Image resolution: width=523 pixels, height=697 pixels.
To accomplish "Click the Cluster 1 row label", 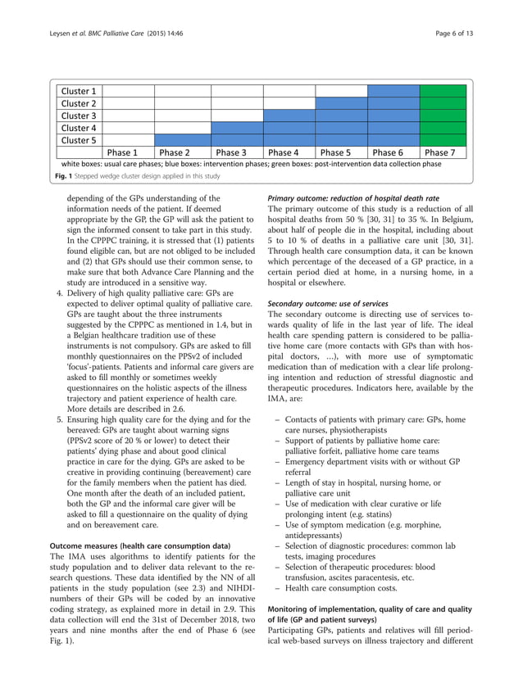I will point(79,91).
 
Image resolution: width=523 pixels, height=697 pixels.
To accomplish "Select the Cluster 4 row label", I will point(79,128).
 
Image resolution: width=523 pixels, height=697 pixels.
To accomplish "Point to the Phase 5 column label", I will point(341,152).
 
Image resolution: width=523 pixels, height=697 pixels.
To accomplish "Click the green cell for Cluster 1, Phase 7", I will point(442,91).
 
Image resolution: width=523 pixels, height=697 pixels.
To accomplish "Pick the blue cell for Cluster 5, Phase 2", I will point(181,140).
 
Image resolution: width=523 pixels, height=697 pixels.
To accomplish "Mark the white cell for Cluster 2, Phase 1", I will point(127,103).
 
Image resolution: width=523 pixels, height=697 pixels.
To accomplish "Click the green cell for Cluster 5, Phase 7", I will point(442,140).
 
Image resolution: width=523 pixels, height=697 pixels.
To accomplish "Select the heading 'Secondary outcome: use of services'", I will point(328,304).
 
